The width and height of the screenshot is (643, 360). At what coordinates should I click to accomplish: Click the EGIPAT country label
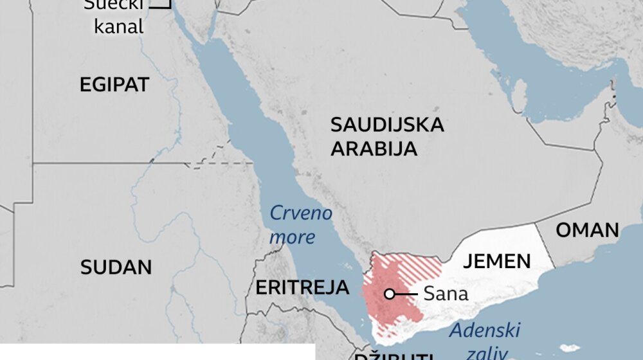point(114,84)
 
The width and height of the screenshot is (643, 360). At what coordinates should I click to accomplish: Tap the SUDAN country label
point(116,267)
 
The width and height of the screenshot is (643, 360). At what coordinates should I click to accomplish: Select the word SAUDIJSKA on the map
point(387,125)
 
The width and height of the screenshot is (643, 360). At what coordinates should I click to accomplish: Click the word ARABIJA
point(374,149)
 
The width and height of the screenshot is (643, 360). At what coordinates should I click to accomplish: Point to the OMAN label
point(587,230)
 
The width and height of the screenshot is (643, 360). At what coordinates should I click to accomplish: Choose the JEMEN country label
point(497,261)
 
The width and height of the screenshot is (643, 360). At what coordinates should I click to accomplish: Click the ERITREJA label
point(302,287)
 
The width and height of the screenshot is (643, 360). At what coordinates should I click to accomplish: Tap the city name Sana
point(446,294)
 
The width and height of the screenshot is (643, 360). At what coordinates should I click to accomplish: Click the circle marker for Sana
point(389,294)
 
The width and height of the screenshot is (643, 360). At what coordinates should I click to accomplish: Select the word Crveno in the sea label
point(300,213)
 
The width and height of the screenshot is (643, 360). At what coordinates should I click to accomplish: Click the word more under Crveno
point(293,237)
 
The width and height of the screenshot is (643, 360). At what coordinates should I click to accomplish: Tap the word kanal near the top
point(119,27)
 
